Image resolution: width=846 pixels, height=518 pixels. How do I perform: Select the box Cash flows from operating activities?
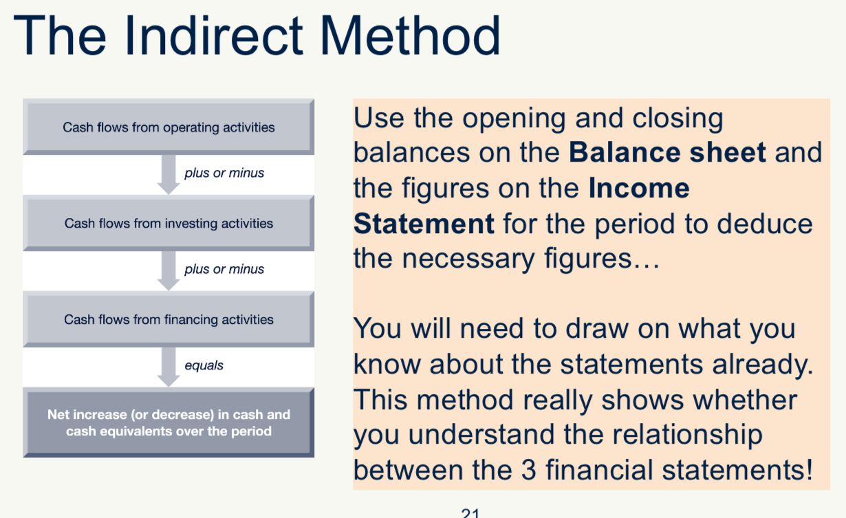(x=169, y=127)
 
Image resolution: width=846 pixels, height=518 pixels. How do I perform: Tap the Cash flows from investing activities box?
(x=169, y=224)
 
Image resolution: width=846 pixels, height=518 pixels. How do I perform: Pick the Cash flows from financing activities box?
(x=169, y=320)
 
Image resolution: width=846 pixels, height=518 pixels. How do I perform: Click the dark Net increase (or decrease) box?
(x=169, y=423)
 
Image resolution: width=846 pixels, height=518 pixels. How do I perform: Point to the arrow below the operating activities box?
(x=169, y=173)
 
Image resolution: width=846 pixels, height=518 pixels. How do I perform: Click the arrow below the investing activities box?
(x=169, y=270)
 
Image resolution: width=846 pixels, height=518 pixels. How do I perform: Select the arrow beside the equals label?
(x=169, y=366)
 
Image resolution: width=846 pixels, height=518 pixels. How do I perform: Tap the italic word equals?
(x=204, y=366)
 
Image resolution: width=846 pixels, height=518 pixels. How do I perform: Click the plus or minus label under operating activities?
(x=224, y=173)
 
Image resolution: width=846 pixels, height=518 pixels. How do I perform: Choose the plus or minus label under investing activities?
(x=224, y=270)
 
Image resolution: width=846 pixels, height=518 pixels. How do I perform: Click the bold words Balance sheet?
(x=667, y=153)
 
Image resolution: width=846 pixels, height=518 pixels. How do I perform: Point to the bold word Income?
(x=639, y=188)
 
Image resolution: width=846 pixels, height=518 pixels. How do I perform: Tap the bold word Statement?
(x=424, y=224)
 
